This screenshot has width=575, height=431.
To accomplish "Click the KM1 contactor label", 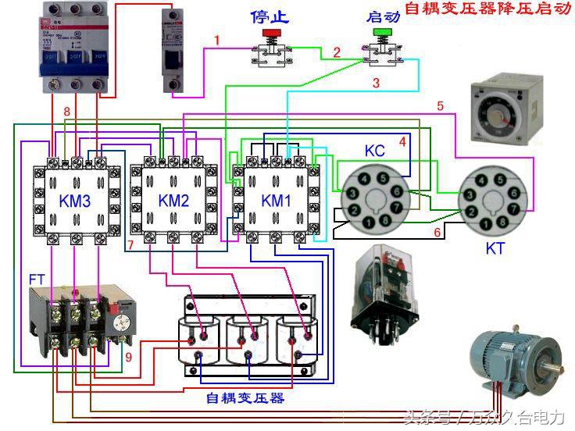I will [276, 201].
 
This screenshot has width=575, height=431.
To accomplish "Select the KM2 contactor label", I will [173, 201].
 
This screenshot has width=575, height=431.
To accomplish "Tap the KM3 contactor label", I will [75, 201].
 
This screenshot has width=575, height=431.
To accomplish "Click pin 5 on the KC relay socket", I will [383, 178].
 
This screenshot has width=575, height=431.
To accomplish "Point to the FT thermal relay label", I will [36, 278].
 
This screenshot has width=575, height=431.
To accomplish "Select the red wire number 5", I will [440, 105].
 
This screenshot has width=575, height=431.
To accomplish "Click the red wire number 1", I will [217, 40].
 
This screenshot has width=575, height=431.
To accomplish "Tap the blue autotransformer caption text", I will [245, 397].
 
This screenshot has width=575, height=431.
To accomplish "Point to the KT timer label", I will [495, 248].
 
